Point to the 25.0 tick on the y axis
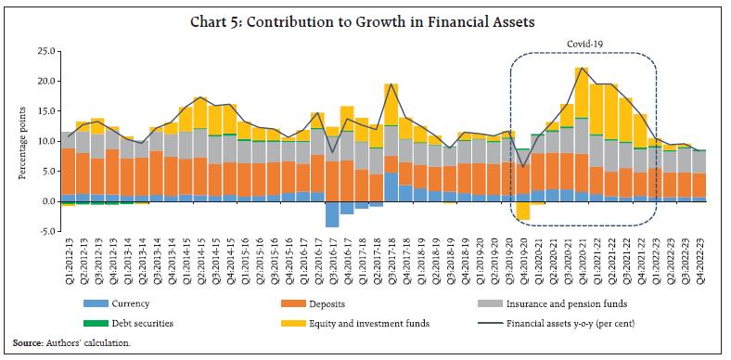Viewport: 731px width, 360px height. point(46,51)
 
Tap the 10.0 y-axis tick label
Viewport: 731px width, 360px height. point(46,141)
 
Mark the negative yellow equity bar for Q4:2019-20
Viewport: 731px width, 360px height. point(523,211)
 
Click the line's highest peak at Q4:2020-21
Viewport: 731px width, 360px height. point(582,69)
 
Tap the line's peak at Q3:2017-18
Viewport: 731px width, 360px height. point(391,84)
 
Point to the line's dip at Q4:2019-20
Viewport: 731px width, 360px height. point(523,167)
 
